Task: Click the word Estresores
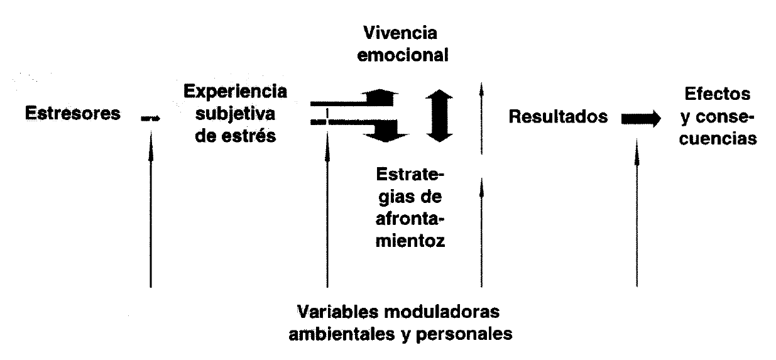[72, 115]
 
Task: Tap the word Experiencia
[236, 92]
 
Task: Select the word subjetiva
[235, 114]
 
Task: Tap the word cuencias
[718, 139]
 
